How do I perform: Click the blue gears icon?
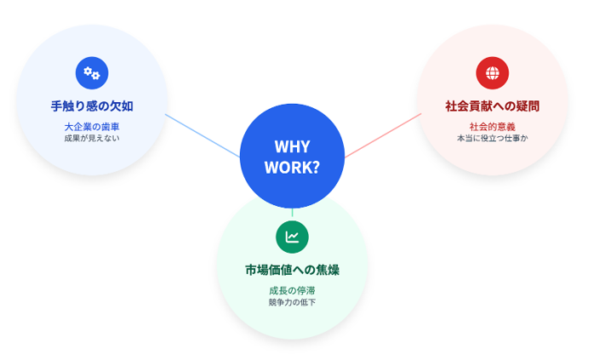coord(92,73)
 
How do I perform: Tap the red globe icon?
coord(492,72)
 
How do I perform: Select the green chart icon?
coord(292,237)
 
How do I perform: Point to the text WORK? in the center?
coord(292,167)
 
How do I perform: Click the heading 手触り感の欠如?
coord(92,106)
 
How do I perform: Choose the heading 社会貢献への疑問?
coord(492,106)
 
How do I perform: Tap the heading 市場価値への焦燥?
coord(292,270)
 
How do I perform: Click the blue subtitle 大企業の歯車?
coord(92,126)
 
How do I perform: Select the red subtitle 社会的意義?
coord(492,126)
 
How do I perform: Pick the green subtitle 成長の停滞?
coord(292,290)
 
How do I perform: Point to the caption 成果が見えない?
coord(92,138)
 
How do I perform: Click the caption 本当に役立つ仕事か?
coord(492,138)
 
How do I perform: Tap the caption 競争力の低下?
coord(292,302)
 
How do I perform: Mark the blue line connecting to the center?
coord(203,135)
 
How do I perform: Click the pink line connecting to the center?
coord(383,135)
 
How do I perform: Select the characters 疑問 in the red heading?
coord(528,106)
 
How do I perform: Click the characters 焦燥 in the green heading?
coord(328,270)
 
